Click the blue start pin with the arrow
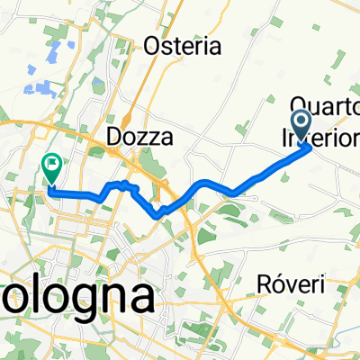(x=301, y=121)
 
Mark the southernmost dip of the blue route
(x=160, y=214)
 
